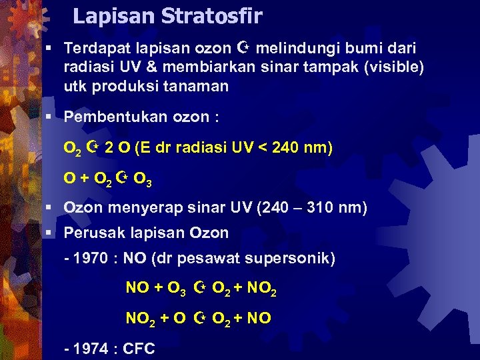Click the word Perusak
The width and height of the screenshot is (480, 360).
(89, 233)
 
